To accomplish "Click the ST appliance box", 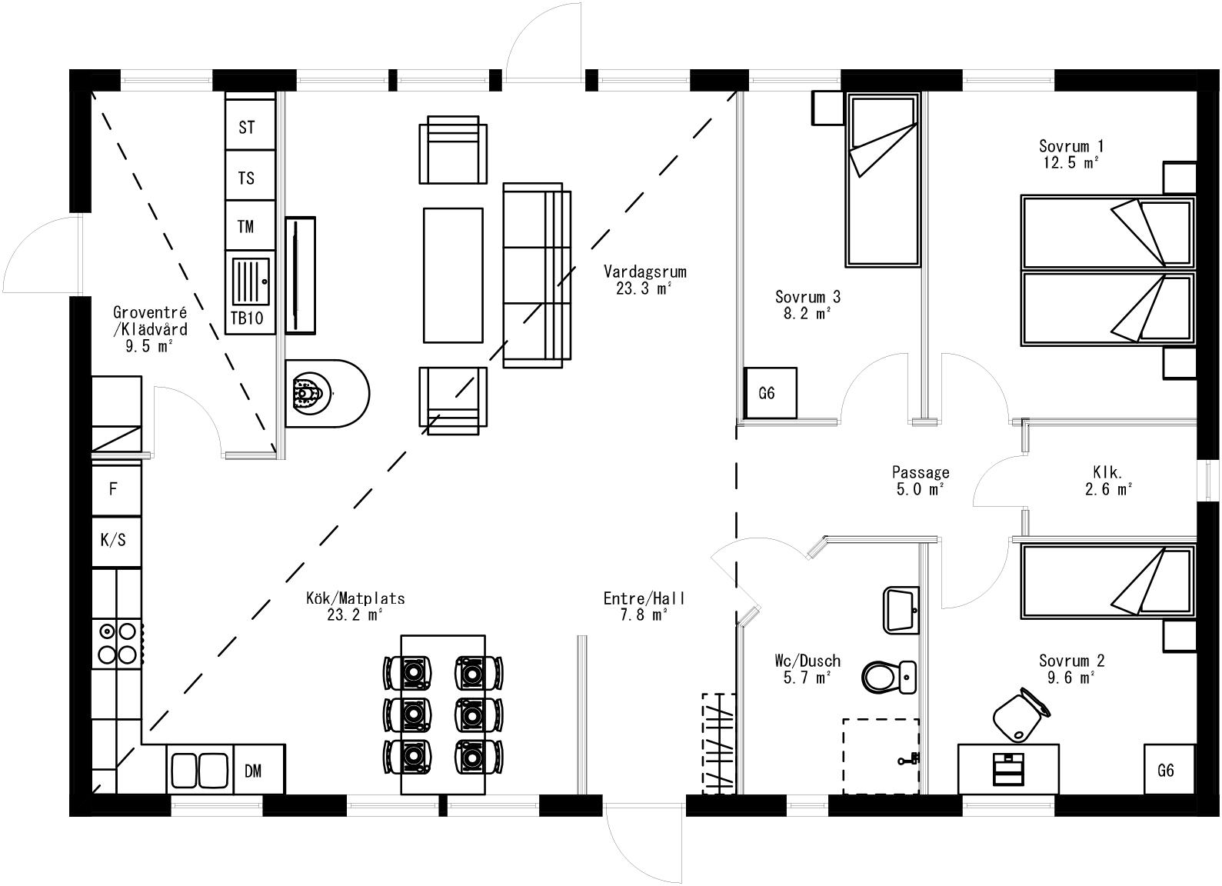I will pos(249,125).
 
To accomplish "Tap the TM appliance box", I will pos(249,225).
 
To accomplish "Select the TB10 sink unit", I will pos(250,295).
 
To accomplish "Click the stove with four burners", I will pos(117,643).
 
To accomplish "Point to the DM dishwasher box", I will pos(258,769).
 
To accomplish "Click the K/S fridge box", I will pos(116,540).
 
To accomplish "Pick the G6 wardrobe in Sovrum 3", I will pos(770,393).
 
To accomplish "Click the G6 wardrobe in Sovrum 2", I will pos(1169,769).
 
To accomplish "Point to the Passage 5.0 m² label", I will pos(920,481).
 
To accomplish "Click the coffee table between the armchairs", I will pos(453,275).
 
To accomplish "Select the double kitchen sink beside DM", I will pos(199,770).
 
